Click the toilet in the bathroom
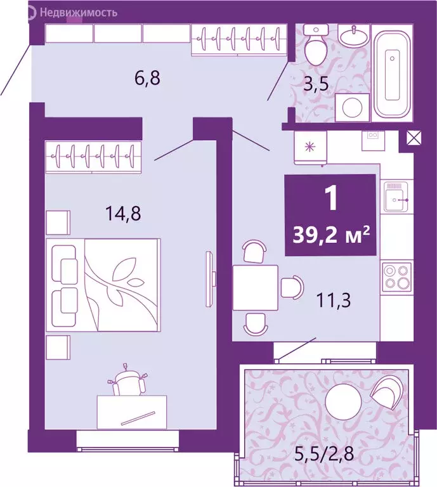tap(314, 43)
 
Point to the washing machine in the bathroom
tap(348, 107)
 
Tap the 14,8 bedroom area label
tap(122, 212)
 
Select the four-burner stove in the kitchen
tap(396, 276)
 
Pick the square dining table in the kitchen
tap(255, 287)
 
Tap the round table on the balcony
tap(342, 402)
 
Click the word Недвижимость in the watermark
tap(78, 11)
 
